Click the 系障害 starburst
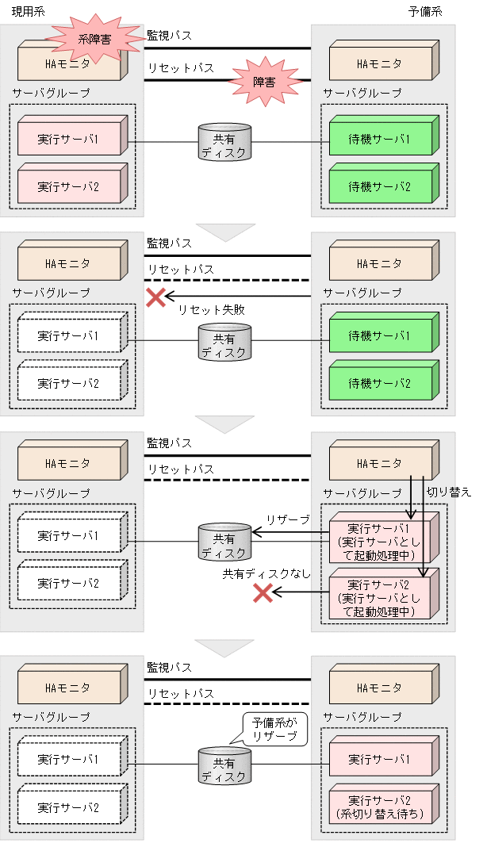pos(94,38)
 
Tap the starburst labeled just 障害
pos(264,81)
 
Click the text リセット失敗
pos(211,310)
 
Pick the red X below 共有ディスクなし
pos(263,593)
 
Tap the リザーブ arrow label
pos(288,519)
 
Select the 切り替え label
pos(449,492)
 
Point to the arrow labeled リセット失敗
pos(238,297)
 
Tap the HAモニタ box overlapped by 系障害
pos(70,63)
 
